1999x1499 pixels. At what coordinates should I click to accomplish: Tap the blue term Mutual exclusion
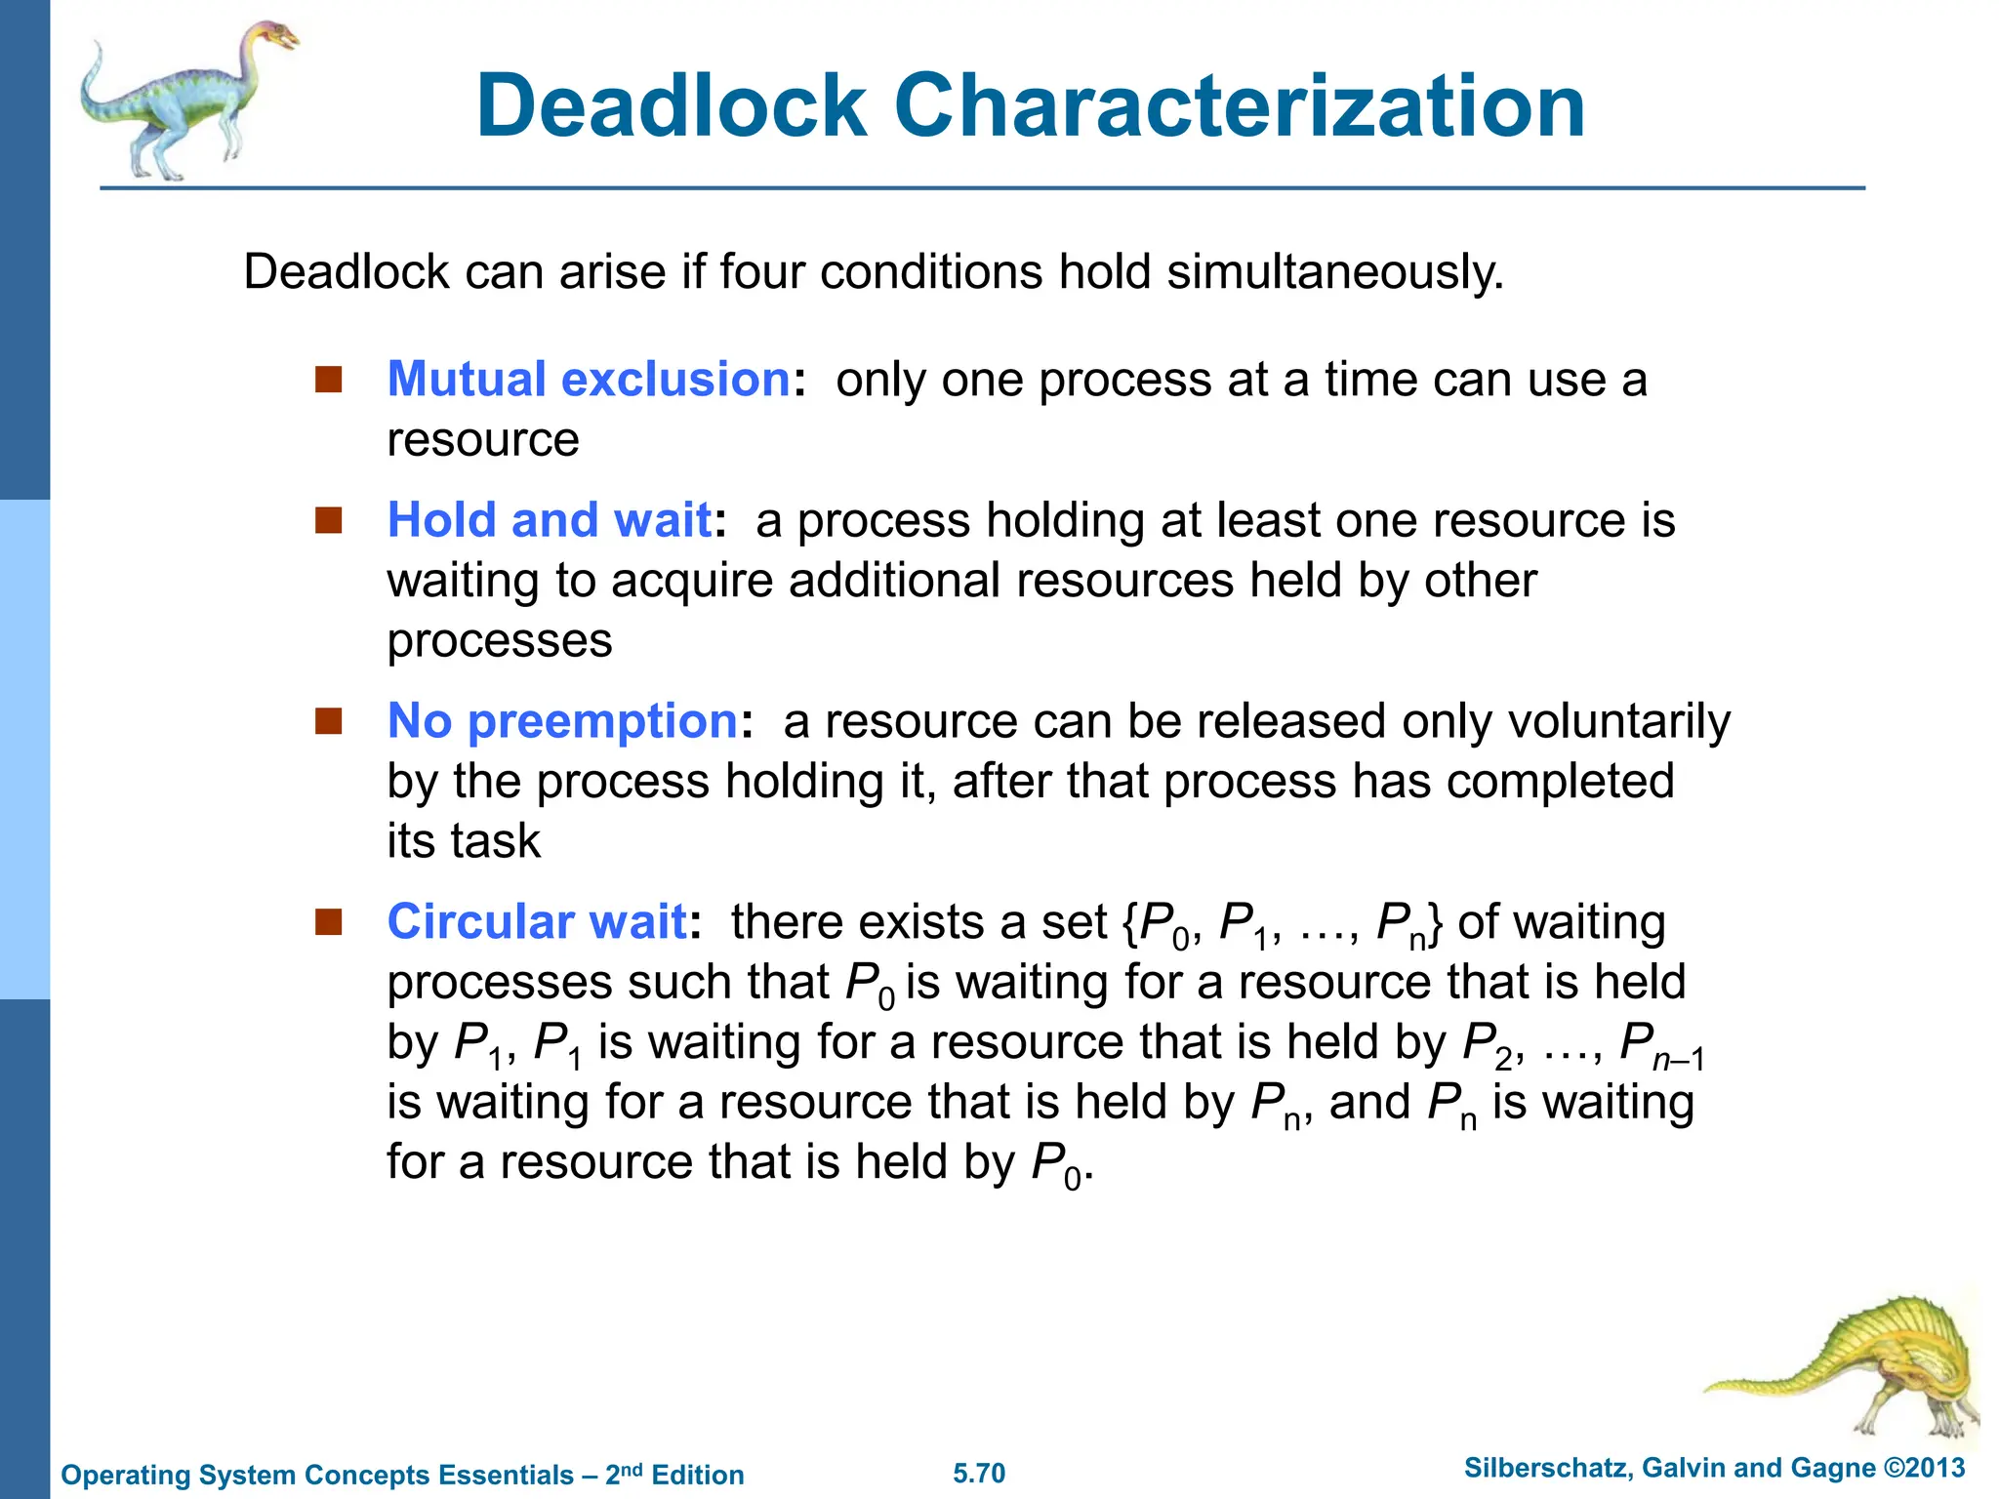coord(589,379)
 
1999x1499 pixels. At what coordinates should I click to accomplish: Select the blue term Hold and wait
coord(550,519)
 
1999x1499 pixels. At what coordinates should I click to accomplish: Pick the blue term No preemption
coord(562,721)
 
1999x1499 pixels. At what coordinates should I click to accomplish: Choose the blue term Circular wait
coord(537,921)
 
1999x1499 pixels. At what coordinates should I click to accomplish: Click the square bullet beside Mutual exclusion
coord(329,379)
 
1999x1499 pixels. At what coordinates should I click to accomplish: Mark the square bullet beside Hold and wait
coord(329,520)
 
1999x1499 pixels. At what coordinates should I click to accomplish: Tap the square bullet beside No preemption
coord(329,721)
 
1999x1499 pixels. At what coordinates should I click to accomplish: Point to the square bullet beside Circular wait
coord(329,921)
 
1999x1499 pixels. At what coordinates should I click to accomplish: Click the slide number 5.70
coord(979,1474)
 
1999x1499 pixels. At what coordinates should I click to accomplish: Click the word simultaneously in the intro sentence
coord(1335,272)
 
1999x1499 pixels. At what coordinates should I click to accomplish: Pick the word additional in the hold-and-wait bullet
coord(896,581)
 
